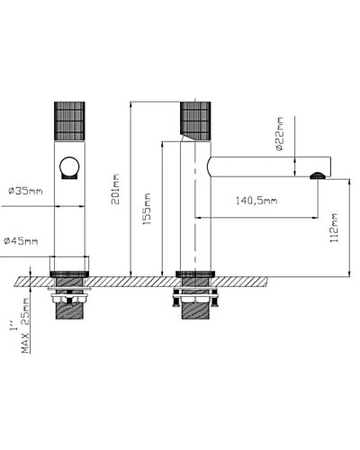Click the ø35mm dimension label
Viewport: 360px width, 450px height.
coord(23,191)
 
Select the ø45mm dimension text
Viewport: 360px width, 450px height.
coord(22,240)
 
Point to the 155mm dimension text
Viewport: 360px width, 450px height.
coord(147,210)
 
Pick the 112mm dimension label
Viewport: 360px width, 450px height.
coord(334,229)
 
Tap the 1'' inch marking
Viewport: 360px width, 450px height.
coord(11,328)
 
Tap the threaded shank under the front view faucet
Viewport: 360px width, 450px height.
coord(70,314)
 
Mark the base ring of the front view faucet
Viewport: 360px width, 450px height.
coord(70,273)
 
